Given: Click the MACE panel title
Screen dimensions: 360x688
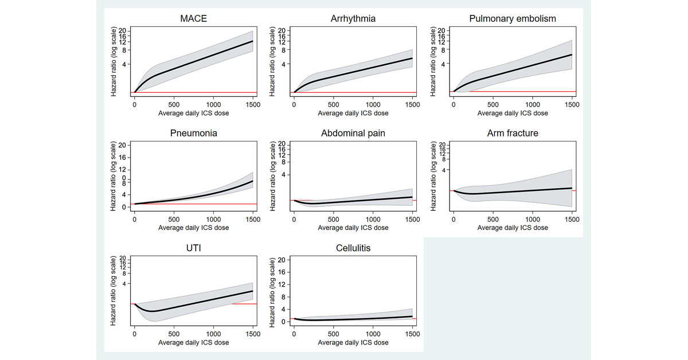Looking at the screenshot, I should click(x=193, y=19).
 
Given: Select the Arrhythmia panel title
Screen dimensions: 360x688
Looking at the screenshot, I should click(x=353, y=19).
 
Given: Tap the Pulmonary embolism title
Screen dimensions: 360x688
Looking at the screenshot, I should click(x=513, y=19).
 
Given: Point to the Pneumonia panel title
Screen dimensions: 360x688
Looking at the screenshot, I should click(x=193, y=134).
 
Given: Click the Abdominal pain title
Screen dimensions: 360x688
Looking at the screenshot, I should click(x=353, y=134).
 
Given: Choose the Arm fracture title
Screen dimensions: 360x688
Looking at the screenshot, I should click(x=513, y=134).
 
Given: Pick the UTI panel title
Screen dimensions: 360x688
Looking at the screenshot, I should click(x=193, y=248).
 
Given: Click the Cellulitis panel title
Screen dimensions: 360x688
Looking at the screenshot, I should click(x=353, y=248).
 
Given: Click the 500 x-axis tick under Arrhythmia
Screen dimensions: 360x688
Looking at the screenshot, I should click(x=334, y=105).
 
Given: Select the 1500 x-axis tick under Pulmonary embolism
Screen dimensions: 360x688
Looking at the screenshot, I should click(x=571, y=105).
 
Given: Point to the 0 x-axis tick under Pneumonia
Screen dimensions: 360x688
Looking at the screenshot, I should click(x=134, y=219).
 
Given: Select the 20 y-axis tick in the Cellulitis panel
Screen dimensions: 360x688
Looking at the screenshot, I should click(x=281, y=260).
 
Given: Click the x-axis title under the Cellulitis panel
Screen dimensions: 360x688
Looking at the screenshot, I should click(x=353, y=342).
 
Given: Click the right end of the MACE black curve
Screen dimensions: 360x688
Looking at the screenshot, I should click(x=252, y=41).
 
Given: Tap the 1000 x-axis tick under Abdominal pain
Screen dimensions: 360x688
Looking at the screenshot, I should click(x=373, y=219).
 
